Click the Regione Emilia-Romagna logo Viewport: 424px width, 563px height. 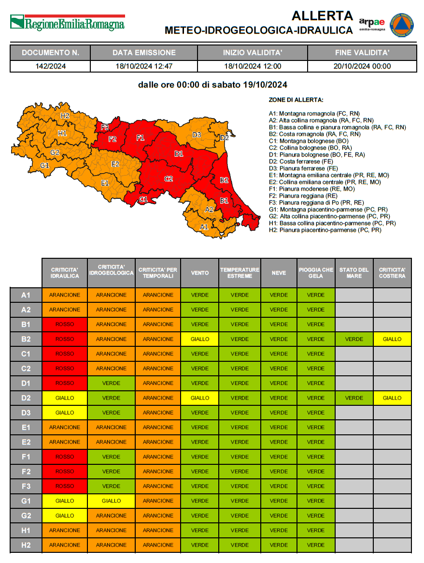click(x=67, y=23)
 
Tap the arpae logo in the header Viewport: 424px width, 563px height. click(x=372, y=24)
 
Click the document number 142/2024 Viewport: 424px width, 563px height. click(x=50, y=66)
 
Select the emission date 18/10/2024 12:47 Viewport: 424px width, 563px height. click(x=144, y=66)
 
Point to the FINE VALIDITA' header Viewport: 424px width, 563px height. click(x=362, y=53)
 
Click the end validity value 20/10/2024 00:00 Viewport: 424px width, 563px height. click(x=362, y=66)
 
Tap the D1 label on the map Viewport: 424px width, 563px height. click(x=179, y=154)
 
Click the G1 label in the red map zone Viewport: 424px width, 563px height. click(x=143, y=199)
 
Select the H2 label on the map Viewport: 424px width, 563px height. click(x=65, y=116)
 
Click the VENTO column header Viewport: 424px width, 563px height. click(x=200, y=273)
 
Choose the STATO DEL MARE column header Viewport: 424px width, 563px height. click(x=354, y=273)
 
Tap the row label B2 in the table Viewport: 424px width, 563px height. click(x=26, y=339)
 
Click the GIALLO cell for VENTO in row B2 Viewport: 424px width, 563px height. click(x=200, y=339)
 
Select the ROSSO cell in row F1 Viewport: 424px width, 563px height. click(x=65, y=457)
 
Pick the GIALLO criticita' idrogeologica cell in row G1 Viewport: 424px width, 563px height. click(x=111, y=501)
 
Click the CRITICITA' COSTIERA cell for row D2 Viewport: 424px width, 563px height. click(x=392, y=398)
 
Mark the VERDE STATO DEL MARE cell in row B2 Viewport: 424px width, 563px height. click(x=354, y=339)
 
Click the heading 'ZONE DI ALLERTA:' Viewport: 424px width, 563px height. click(x=296, y=100)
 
